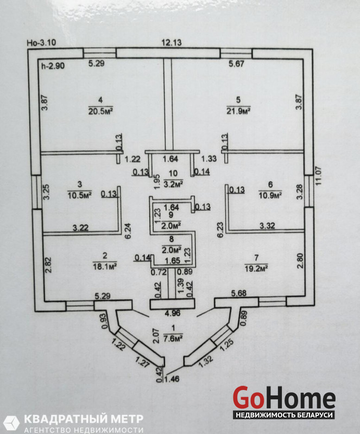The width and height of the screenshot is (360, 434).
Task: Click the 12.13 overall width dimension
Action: pyautogui.click(x=172, y=42)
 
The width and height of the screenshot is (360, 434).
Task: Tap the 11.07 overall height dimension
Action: pyautogui.click(x=318, y=175)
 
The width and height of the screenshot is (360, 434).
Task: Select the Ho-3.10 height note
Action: pyautogui.click(x=41, y=43)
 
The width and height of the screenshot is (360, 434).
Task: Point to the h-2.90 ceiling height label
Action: pyautogui.click(x=53, y=66)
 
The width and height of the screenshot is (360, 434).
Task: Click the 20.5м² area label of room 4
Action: pyautogui.click(x=100, y=111)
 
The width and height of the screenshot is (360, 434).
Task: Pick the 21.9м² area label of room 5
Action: pyautogui.click(x=238, y=111)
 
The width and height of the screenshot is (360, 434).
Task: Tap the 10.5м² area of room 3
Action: pyautogui.click(x=80, y=195)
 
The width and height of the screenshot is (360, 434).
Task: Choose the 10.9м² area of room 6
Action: pyautogui.click(x=270, y=195)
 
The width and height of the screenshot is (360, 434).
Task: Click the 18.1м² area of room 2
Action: pyautogui.click(x=105, y=266)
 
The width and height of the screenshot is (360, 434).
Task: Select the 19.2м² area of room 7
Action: pyautogui.click(x=256, y=269)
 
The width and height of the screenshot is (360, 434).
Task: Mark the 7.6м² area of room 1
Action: pyautogui.click(x=173, y=339)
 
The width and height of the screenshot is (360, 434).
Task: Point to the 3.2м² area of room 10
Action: pyautogui.click(x=173, y=184)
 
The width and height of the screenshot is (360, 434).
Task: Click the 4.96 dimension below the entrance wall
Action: pyautogui.click(x=172, y=313)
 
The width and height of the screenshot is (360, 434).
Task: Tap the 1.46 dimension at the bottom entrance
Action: pyautogui.click(x=172, y=379)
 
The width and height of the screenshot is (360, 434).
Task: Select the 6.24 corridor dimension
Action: pyautogui.click(x=128, y=231)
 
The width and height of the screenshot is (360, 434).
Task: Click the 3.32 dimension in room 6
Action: pyautogui.click(x=267, y=226)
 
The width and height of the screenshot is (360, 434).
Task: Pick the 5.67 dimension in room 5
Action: pyautogui.click(x=236, y=64)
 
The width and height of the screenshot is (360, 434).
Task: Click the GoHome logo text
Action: pyautogui.click(x=284, y=398)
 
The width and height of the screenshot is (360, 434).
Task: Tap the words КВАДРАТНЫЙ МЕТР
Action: pyautogui.click(x=84, y=419)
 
